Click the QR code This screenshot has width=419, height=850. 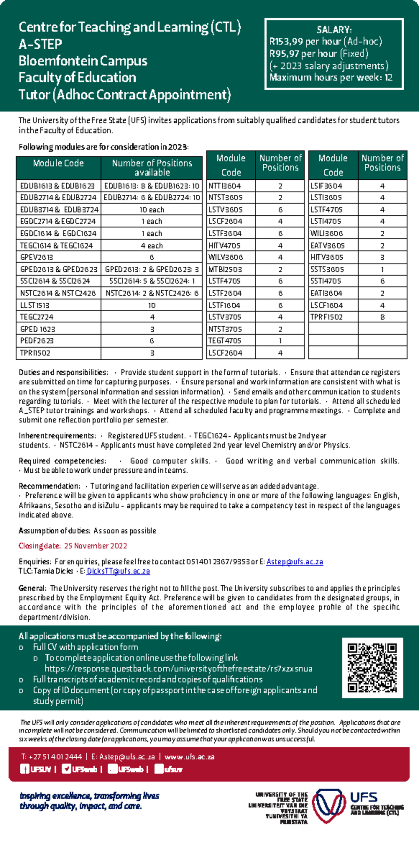[x=372, y=667]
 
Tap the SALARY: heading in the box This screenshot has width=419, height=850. [x=334, y=30]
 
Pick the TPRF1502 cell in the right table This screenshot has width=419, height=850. [x=326, y=317]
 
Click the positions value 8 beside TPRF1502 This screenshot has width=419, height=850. [x=382, y=317]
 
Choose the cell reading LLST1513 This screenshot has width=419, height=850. [x=35, y=305]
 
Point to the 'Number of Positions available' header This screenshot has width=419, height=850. [x=152, y=167]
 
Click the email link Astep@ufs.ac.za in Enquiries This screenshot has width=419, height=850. [x=294, y=562]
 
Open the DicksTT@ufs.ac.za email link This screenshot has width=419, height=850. [x=118, y=571]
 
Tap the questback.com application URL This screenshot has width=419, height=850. [x=178, y=669]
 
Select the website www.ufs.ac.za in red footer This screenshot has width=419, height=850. [x=189, y=757]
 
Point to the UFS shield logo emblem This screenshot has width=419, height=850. [x=329, y=805]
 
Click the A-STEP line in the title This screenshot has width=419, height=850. [x=40, y=44]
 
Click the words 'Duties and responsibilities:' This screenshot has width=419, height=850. [x=63, y=372]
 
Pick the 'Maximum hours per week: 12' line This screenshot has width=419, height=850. [x=331, y=77]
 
